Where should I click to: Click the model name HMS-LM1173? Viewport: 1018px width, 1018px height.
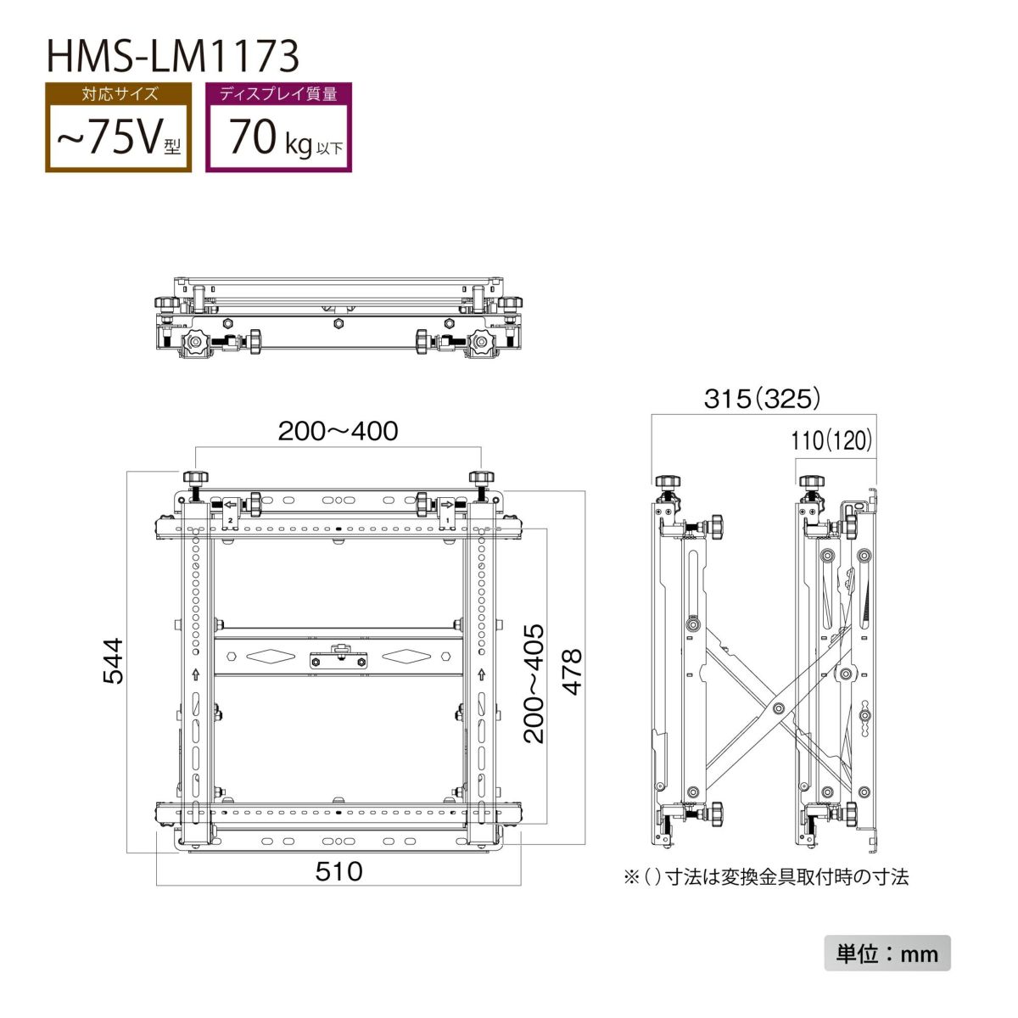tap(172, 56)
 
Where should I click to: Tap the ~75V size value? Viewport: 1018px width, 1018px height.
tap(118, 137)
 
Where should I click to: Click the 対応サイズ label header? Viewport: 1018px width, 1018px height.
tap(119, 93)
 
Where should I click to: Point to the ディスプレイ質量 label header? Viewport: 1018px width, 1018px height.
tap(278, 93)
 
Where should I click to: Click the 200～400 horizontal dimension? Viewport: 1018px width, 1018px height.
tap(338, 431)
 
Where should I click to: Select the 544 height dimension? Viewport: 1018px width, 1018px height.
tap(113, 661)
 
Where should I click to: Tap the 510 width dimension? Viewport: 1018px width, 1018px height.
tap(338, 871)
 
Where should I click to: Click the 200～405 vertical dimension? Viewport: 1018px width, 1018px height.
tap(534, 684)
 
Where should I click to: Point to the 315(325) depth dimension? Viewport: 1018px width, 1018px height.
tap(762, 398)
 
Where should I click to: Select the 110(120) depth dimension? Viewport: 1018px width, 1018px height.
tap(831, 440)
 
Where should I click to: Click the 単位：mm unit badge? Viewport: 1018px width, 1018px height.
tap(887, 954)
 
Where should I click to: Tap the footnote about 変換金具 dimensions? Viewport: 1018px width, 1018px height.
tap(766, 877)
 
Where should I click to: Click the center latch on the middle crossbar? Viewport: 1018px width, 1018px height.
tap(338, 657)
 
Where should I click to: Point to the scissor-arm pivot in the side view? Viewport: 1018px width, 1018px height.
tap(777, 706)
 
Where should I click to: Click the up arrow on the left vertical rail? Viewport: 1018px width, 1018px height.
tap(197, 675)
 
